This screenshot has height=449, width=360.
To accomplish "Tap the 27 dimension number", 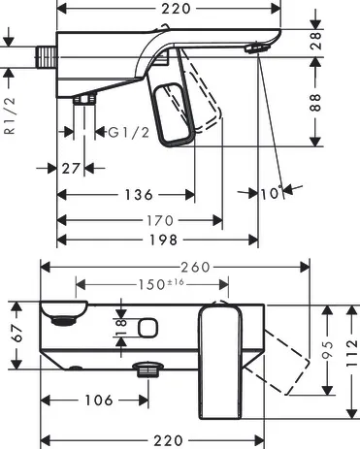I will point(70,168).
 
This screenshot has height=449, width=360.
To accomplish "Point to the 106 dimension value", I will point(94,400).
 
